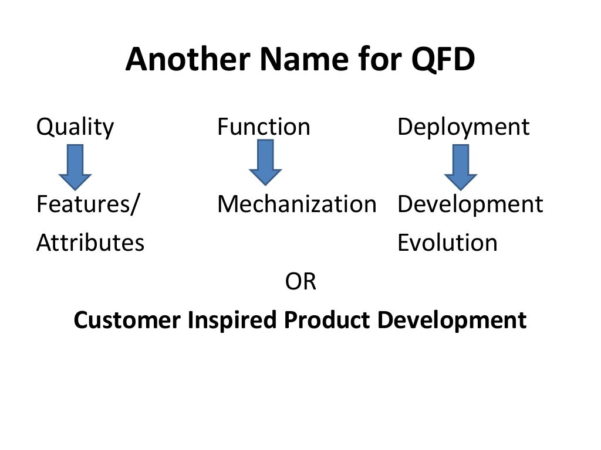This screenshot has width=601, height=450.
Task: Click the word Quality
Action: (75, 127)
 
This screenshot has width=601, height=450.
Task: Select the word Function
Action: (264, 127)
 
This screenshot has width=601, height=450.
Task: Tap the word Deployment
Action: (463, 127)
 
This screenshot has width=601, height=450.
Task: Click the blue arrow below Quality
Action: (75, 167)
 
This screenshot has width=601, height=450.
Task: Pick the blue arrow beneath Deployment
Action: (461, 167)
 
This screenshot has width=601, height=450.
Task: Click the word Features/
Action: (88, 204)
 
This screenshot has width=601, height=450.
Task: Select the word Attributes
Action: (90, 243)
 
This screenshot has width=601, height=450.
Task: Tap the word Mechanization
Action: (296, 204)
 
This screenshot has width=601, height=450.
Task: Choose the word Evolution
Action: (447, 243)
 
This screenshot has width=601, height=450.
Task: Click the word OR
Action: (300, 282)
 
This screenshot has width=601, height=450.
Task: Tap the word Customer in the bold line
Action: (127, 321)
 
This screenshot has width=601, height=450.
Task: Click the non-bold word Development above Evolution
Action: (470, 204)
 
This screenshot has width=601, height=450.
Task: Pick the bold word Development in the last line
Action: (452, 321)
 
